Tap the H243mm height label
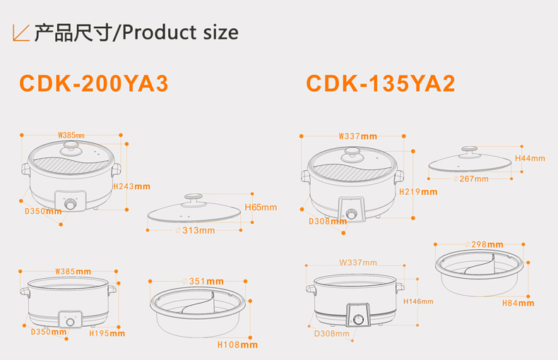[132, 186]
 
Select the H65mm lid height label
[261, 208]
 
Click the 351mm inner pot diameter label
[205, 281]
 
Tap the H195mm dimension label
[107, 332]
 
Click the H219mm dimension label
[418, 191]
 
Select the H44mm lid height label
[530, 158]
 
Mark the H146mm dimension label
[418, 301]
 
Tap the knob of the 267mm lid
[469, 151]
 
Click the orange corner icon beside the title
[21, 32]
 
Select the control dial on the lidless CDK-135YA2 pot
[359, 319]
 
